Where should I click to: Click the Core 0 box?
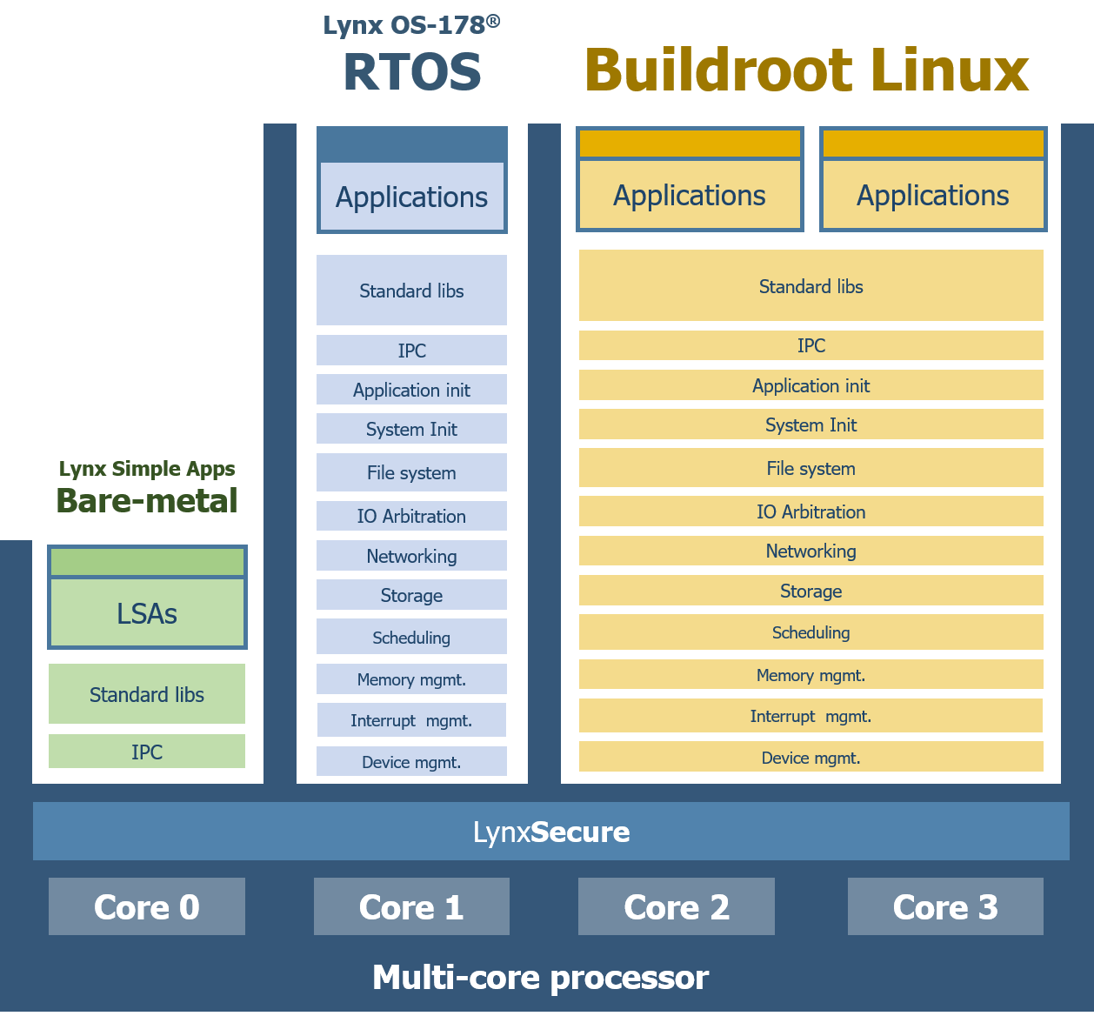146,906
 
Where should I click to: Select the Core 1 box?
411,906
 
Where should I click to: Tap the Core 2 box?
676,906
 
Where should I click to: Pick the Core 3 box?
945,906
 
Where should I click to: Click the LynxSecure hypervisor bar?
550,832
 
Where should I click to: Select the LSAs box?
147,612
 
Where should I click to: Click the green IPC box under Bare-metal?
147,752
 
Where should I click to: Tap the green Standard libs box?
147,694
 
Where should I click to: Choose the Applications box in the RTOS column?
411,197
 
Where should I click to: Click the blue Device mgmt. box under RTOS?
411,762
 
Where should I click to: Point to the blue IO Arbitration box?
411,516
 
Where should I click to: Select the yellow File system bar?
810,468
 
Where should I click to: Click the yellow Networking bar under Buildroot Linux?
810,551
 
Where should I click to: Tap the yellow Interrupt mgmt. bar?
810,716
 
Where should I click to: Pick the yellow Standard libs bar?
810,286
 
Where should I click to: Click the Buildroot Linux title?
806,70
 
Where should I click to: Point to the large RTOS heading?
411,71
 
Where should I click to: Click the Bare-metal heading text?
147,501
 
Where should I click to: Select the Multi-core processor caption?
540,978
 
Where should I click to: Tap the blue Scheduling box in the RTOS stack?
411,638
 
